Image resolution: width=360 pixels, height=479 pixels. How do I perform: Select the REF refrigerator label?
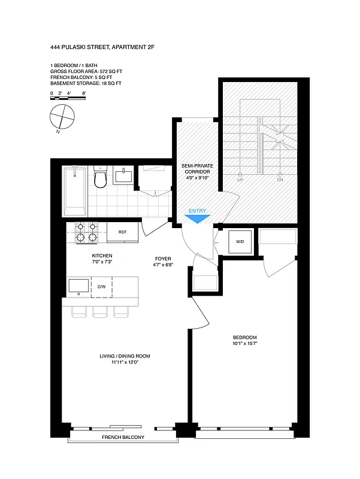[x=122, y=232]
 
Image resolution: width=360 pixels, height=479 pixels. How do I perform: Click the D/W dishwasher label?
[x=102, y=287]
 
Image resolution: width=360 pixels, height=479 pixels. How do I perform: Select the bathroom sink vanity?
[x=124, y=176]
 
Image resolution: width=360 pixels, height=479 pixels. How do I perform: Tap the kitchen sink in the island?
[x=78, y=286]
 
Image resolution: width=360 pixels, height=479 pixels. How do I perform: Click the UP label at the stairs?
[x=240, y=180]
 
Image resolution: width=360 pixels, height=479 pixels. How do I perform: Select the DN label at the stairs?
[x=280, y=180]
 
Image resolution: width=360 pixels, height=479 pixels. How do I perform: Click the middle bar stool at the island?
[x=100, y=311]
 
